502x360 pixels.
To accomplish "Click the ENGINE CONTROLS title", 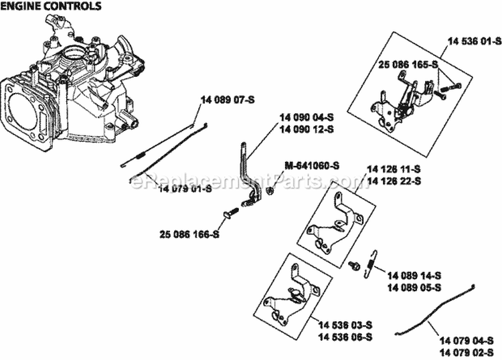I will pos(52,7).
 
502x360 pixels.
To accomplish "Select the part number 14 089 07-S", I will pos(227,100).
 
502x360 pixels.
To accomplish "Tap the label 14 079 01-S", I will pos(185,189).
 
